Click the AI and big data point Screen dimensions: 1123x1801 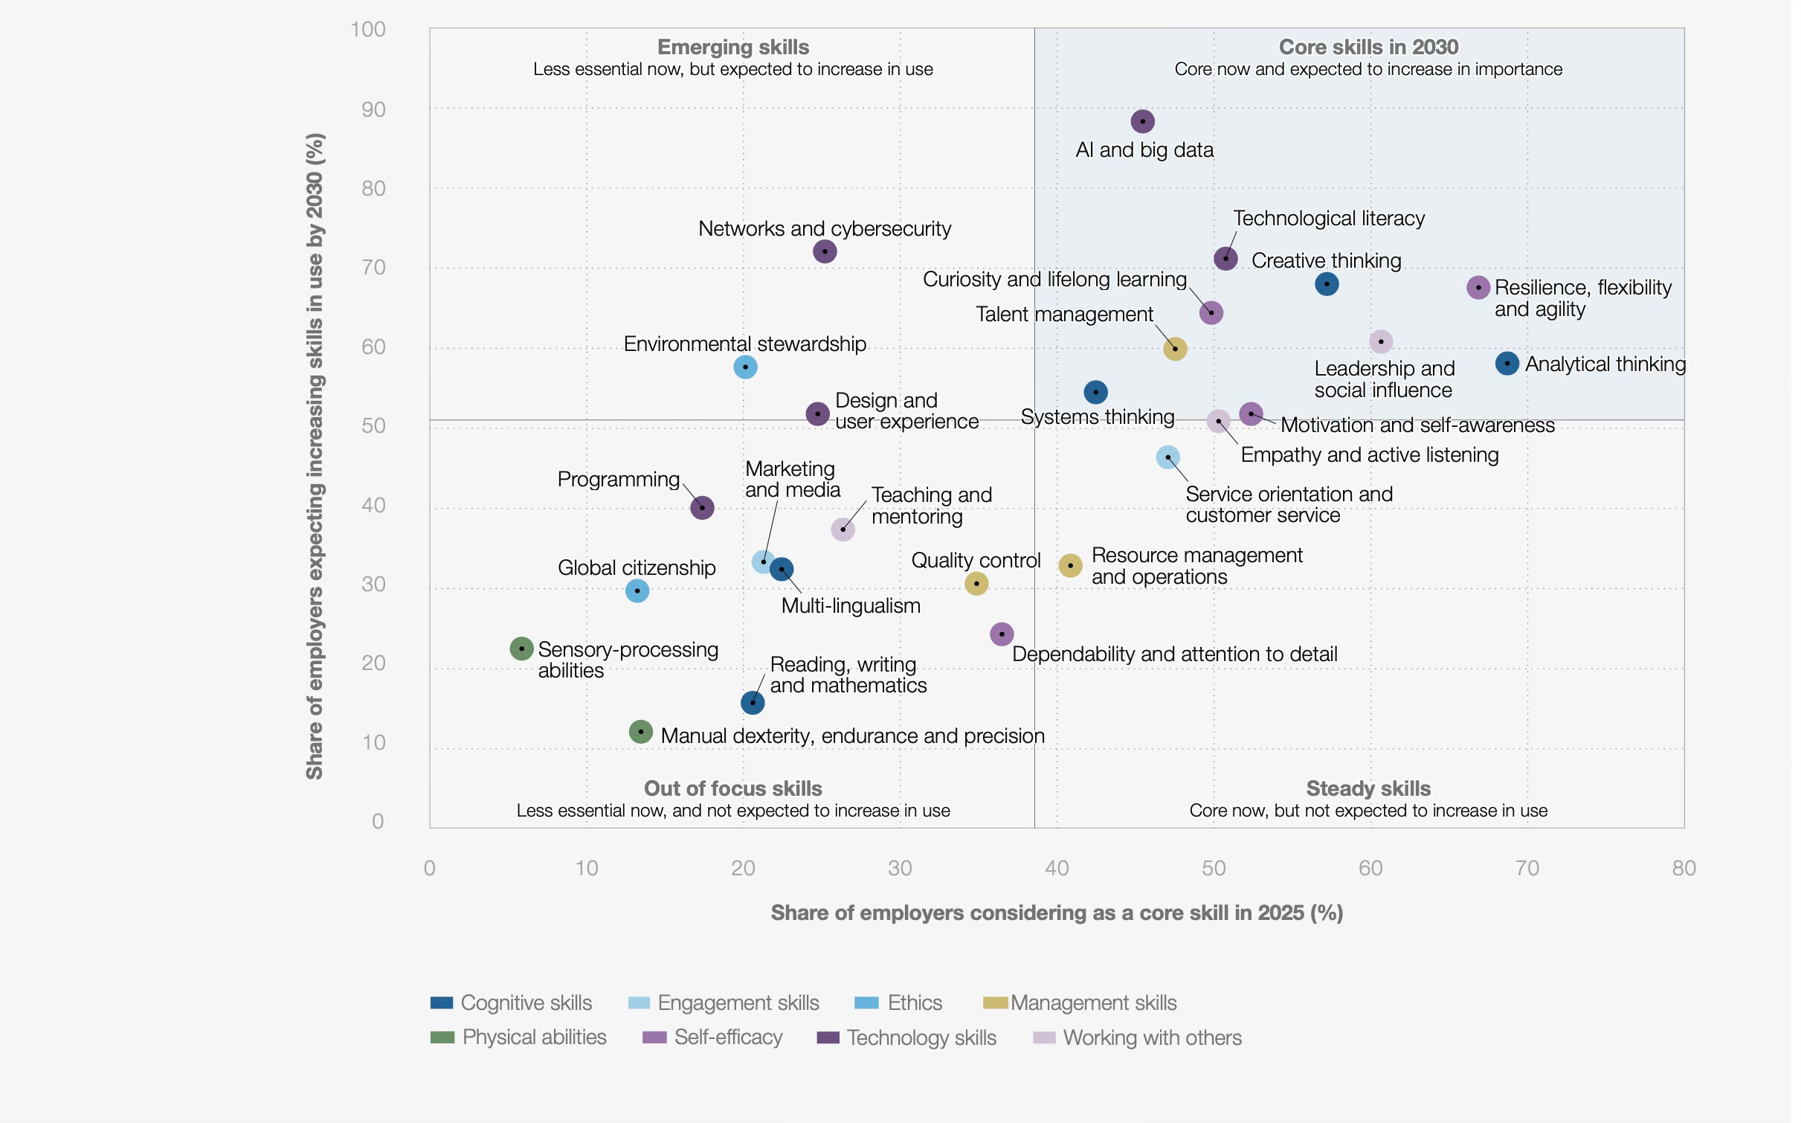pyautogui.click(x=1142, y=121)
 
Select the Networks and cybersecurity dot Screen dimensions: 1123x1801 pyautogui.click(x=824, y=251)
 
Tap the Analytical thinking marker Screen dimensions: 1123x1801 pyautogui.click(x=1507, y=364)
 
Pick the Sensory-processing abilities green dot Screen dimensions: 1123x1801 pyautogui.click(x=521, y=649)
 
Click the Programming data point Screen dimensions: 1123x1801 pyautogui.click(x=702, y=508)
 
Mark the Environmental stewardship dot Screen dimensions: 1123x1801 pyautogui.click(x=745, y=367)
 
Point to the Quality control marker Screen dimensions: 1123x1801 pyautogui.click(x=976, y=583)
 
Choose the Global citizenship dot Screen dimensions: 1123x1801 pyautogui.click(x=637, y=591)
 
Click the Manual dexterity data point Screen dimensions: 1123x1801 pyautogui.click(x=640, y=732)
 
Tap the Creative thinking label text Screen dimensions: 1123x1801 pyautogui.click(x=1326, y=260)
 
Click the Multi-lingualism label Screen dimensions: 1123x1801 pyautogui.click(x=851, y=605)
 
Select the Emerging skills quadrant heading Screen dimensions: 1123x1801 pyautogui.click(x=732, y=47)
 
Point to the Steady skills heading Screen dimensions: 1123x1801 pyautogui.click(x=1367, y=788)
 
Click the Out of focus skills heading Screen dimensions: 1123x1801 pyautogui.click(x=732, y=788)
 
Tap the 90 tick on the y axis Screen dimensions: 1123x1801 pyautogui.click(x=373, y=109)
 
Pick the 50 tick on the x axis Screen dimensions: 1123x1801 pyautogui.click(x=1214, y=868)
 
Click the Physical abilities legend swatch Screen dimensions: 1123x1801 pyautogui.click(x=442, y=1037)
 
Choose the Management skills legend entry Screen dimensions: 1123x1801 pyautogui.click(x=1080, y=1003)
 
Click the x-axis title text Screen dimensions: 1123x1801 pyautogui.click(x=1057, y=913)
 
